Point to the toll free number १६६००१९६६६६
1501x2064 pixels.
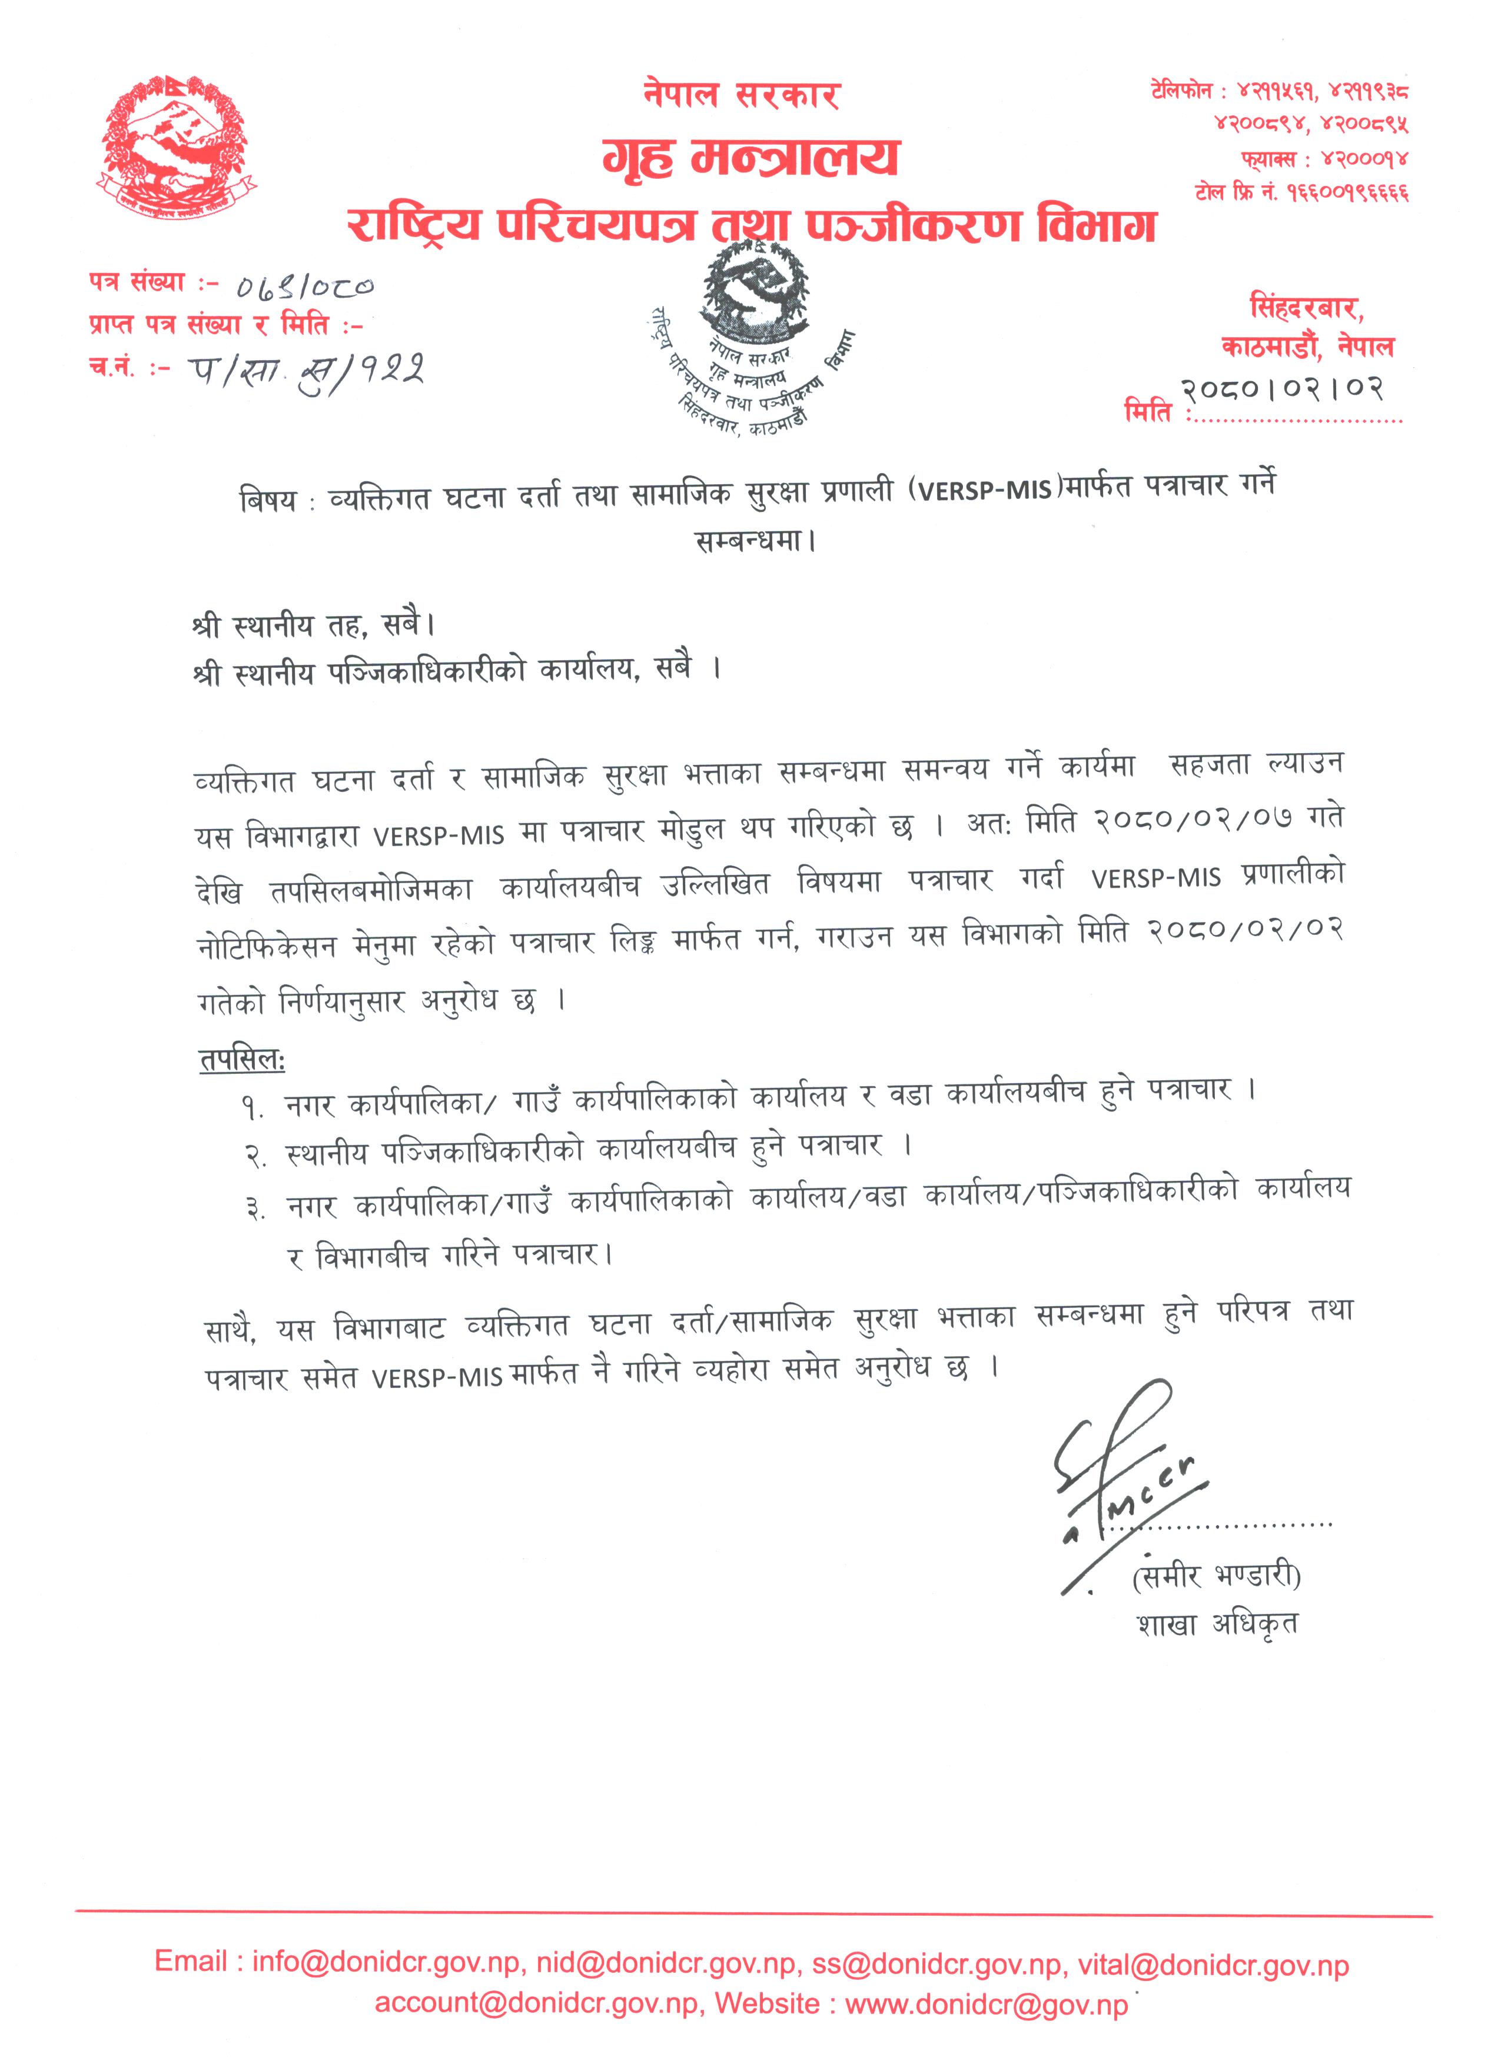[x=1347, y=193]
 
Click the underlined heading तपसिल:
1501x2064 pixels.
[x=242, y=1059]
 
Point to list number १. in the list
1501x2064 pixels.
[x=252, y=1107]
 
